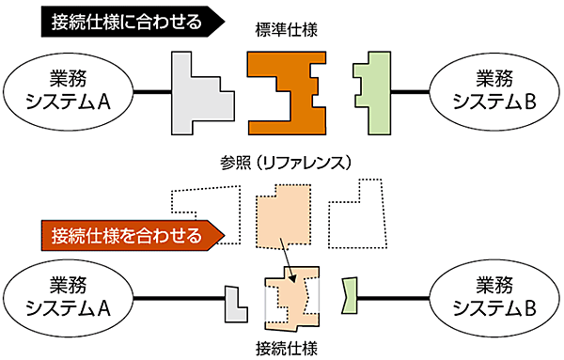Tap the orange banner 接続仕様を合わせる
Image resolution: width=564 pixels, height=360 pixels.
pyautogui.click(x=127, y=234)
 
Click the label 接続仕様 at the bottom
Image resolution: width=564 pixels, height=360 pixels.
pyautogui.click(x=286, y=348)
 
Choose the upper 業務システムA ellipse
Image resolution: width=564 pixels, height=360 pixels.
pyautogui.click(x=67, y=91)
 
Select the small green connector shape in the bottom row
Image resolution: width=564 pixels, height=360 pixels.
pyautogui.click(x=351, y=297)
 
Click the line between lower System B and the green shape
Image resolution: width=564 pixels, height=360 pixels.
pyautogui.click(x=395, y=298)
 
